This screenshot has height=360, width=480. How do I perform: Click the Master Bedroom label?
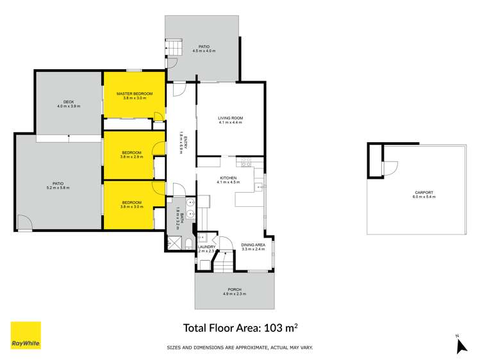131,94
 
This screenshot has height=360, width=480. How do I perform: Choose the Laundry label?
206,247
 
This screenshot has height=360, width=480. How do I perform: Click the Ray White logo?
26,335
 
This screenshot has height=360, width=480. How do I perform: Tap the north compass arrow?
459,346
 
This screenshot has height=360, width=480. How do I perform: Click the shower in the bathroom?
173,244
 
